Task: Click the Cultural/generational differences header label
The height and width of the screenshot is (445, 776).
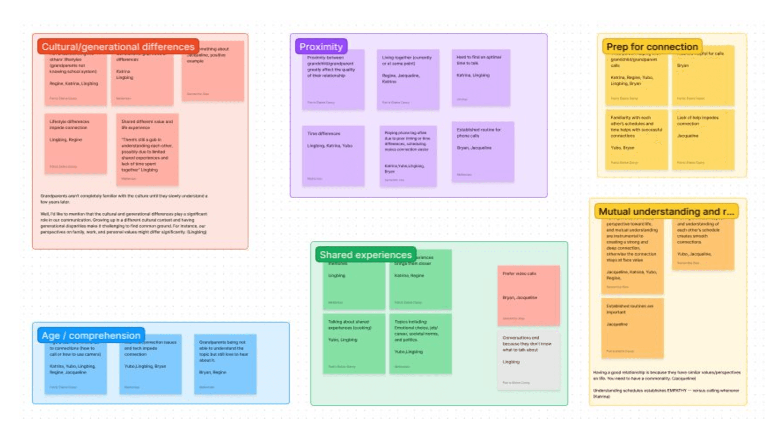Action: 118,47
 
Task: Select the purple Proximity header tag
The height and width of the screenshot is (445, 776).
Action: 321,47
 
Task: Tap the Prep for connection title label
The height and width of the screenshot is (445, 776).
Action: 652,47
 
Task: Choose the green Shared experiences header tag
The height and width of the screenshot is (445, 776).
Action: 365,255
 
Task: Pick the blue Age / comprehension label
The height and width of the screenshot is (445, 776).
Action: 91,336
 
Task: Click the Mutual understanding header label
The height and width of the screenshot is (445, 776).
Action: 666,211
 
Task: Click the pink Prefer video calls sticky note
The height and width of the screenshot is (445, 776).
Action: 528,295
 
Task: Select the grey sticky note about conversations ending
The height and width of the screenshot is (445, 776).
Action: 528,360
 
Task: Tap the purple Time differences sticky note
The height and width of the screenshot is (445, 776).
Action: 333,155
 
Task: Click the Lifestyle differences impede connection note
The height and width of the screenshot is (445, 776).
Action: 75,143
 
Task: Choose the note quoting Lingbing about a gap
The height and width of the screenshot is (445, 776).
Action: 147,149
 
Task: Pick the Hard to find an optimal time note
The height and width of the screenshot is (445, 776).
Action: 481,77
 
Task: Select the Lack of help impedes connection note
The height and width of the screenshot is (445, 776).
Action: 703,139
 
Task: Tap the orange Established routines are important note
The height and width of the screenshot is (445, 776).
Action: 632,328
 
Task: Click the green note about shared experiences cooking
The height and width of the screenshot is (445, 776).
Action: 353,343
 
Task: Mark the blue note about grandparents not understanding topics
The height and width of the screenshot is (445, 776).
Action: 225,364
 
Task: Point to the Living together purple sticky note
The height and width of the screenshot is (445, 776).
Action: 407,79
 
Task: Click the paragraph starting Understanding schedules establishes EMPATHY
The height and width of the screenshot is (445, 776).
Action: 666,393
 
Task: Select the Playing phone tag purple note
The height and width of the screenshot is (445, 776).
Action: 407,155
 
